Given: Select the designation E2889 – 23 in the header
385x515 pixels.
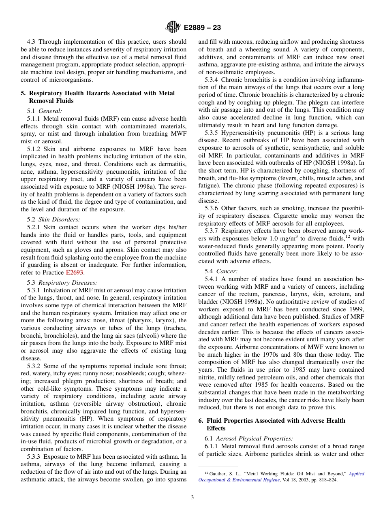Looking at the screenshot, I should (x=202, y=28).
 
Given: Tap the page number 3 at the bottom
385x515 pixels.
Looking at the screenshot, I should (x=192, y=497).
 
